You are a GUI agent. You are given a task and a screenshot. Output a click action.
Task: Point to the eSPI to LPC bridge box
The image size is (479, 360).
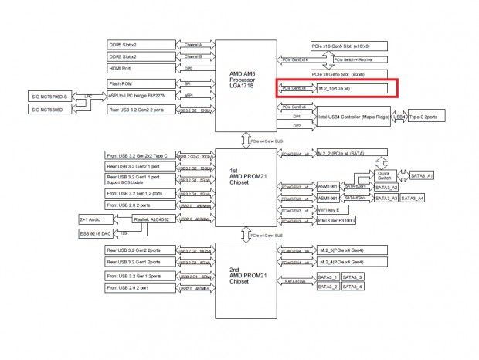pyautogui.click(x=141, y=96)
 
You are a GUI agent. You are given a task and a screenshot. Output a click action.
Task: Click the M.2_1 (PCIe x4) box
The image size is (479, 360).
pyautogui.click(x=352, y=88)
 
